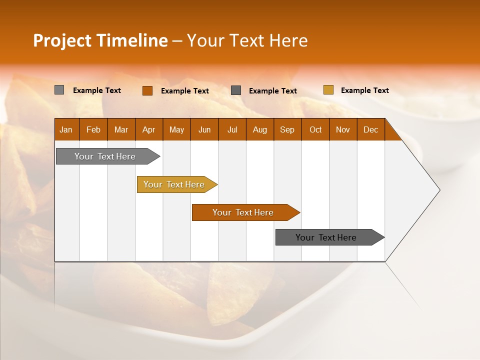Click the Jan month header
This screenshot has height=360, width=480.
pyautogui.click(x=66, y=130)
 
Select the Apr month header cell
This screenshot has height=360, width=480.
pyautogui.click(x=148, y=130)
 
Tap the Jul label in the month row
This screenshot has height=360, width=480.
pyautogui.click(x=232, y=130)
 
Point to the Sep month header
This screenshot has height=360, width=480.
pyautogui.click(x=287, y=130)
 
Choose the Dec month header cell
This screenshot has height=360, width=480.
pyautogui.click(x=370, y=130)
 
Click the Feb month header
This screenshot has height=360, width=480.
pyautogui.click(x=93, y=130)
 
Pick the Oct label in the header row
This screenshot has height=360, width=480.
pyautogui.click(x=315, y=130)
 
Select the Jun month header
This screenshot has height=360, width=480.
pyautogui.click(x=204, y=130)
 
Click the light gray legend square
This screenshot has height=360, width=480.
pyautogui.click(x=59, y=90)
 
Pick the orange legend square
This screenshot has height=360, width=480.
pyautogui.click(x=147, y=90)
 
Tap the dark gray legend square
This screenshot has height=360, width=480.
pyautogui.click(x=236, y=90)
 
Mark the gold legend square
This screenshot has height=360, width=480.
pyautogui.click(x=328, y=90)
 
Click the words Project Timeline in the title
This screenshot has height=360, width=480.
pyautogui.click(x=100, y=40)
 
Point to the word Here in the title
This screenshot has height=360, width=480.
pyautogui.click(x=288, y=40)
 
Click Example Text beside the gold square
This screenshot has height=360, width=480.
pyautogui.click(x=364, y=90)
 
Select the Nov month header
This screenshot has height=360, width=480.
pyautogui.click(x=343, y=130)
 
